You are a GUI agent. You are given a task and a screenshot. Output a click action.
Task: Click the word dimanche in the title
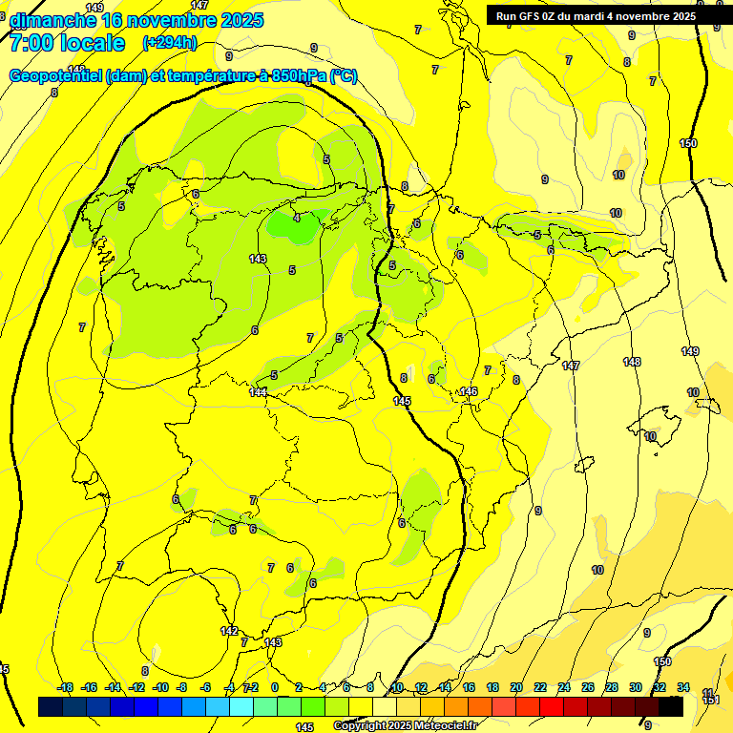[52, 19]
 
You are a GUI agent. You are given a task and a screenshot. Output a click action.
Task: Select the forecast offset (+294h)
[169, 43]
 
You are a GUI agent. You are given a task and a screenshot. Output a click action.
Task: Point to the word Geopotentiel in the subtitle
[55, 76]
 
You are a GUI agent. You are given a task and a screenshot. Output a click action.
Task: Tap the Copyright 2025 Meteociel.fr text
[405, 726]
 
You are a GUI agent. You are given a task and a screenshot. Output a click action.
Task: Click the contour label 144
[258, 392]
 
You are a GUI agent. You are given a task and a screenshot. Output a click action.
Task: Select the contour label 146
[469, 391]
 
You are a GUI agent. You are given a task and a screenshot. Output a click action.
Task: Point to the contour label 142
[229, 631]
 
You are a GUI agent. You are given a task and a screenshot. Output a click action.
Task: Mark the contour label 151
[709, 701]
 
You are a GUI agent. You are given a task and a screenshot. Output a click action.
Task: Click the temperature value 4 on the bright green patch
[297, 218]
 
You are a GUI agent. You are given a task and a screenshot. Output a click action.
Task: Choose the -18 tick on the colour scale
[65, 687]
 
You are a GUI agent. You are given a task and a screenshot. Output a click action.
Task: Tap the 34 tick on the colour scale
[682, 687]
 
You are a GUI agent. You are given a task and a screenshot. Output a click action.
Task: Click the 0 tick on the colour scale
[275, 687]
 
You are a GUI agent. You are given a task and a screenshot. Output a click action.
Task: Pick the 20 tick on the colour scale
[516, 687]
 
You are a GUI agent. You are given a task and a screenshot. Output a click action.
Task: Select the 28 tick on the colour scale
[611, 687]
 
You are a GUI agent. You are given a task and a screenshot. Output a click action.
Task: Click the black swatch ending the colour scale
[671, 707]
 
